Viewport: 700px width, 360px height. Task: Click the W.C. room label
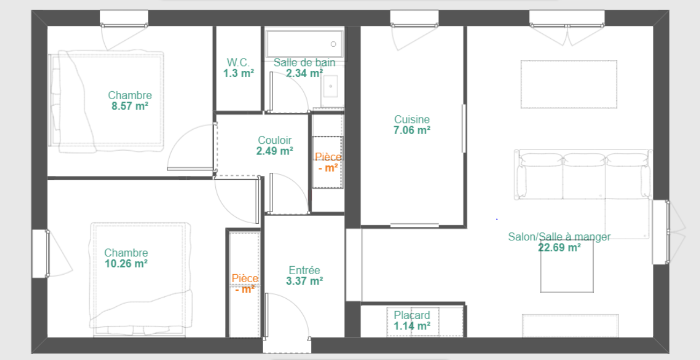[238, 62]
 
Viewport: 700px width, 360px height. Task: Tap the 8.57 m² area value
[130, 106]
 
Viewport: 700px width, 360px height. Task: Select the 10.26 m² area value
[126, 264]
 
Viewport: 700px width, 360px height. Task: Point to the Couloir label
[275, 140]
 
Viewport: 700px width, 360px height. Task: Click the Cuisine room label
[412, 119]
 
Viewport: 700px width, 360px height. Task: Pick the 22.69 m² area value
[559, 247]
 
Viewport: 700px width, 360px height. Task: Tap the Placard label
[412, 315]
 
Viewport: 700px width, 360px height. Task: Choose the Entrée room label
[304, 270]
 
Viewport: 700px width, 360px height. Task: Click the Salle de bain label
[304, 62]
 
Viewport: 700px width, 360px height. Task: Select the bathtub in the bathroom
[304, 43]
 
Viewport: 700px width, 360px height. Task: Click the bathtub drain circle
[333, 44]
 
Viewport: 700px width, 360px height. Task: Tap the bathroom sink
[330, 86]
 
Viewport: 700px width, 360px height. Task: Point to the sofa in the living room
[583, 174]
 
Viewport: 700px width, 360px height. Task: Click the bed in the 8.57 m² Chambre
[106, 101]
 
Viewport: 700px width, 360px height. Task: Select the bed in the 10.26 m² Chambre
[141, 280]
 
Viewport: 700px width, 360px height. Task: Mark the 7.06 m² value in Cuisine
[412, 130]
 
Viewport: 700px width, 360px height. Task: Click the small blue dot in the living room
[497, 219]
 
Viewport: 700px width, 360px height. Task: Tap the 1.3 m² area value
[238, 74]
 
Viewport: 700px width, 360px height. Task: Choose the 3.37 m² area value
[304, 281]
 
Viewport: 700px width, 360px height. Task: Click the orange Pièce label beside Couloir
[328, 157]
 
